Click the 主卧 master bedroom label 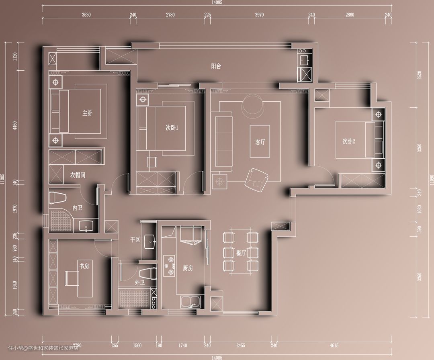(x=88, y=113)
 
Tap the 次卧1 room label (x=172, y=128)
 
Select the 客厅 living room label (x=260, y=142)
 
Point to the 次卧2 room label (x=348, y=141)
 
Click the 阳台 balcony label (x=216, y=66)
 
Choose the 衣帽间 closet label (x=78, y=175)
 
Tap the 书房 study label (x=84, y=266)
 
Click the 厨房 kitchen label (x=188, y=268)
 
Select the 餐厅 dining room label (x=241, y=253)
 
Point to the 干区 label (x=135, y=239)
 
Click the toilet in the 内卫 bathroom (x=57, y=198)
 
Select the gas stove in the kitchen (x=169, y=266)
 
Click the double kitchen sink (x=190, y=302)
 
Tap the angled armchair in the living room (x=256, y=180)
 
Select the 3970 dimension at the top (x=259, y=15)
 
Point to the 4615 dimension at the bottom (x=334, y=345)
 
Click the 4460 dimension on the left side (x=15, y=126)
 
